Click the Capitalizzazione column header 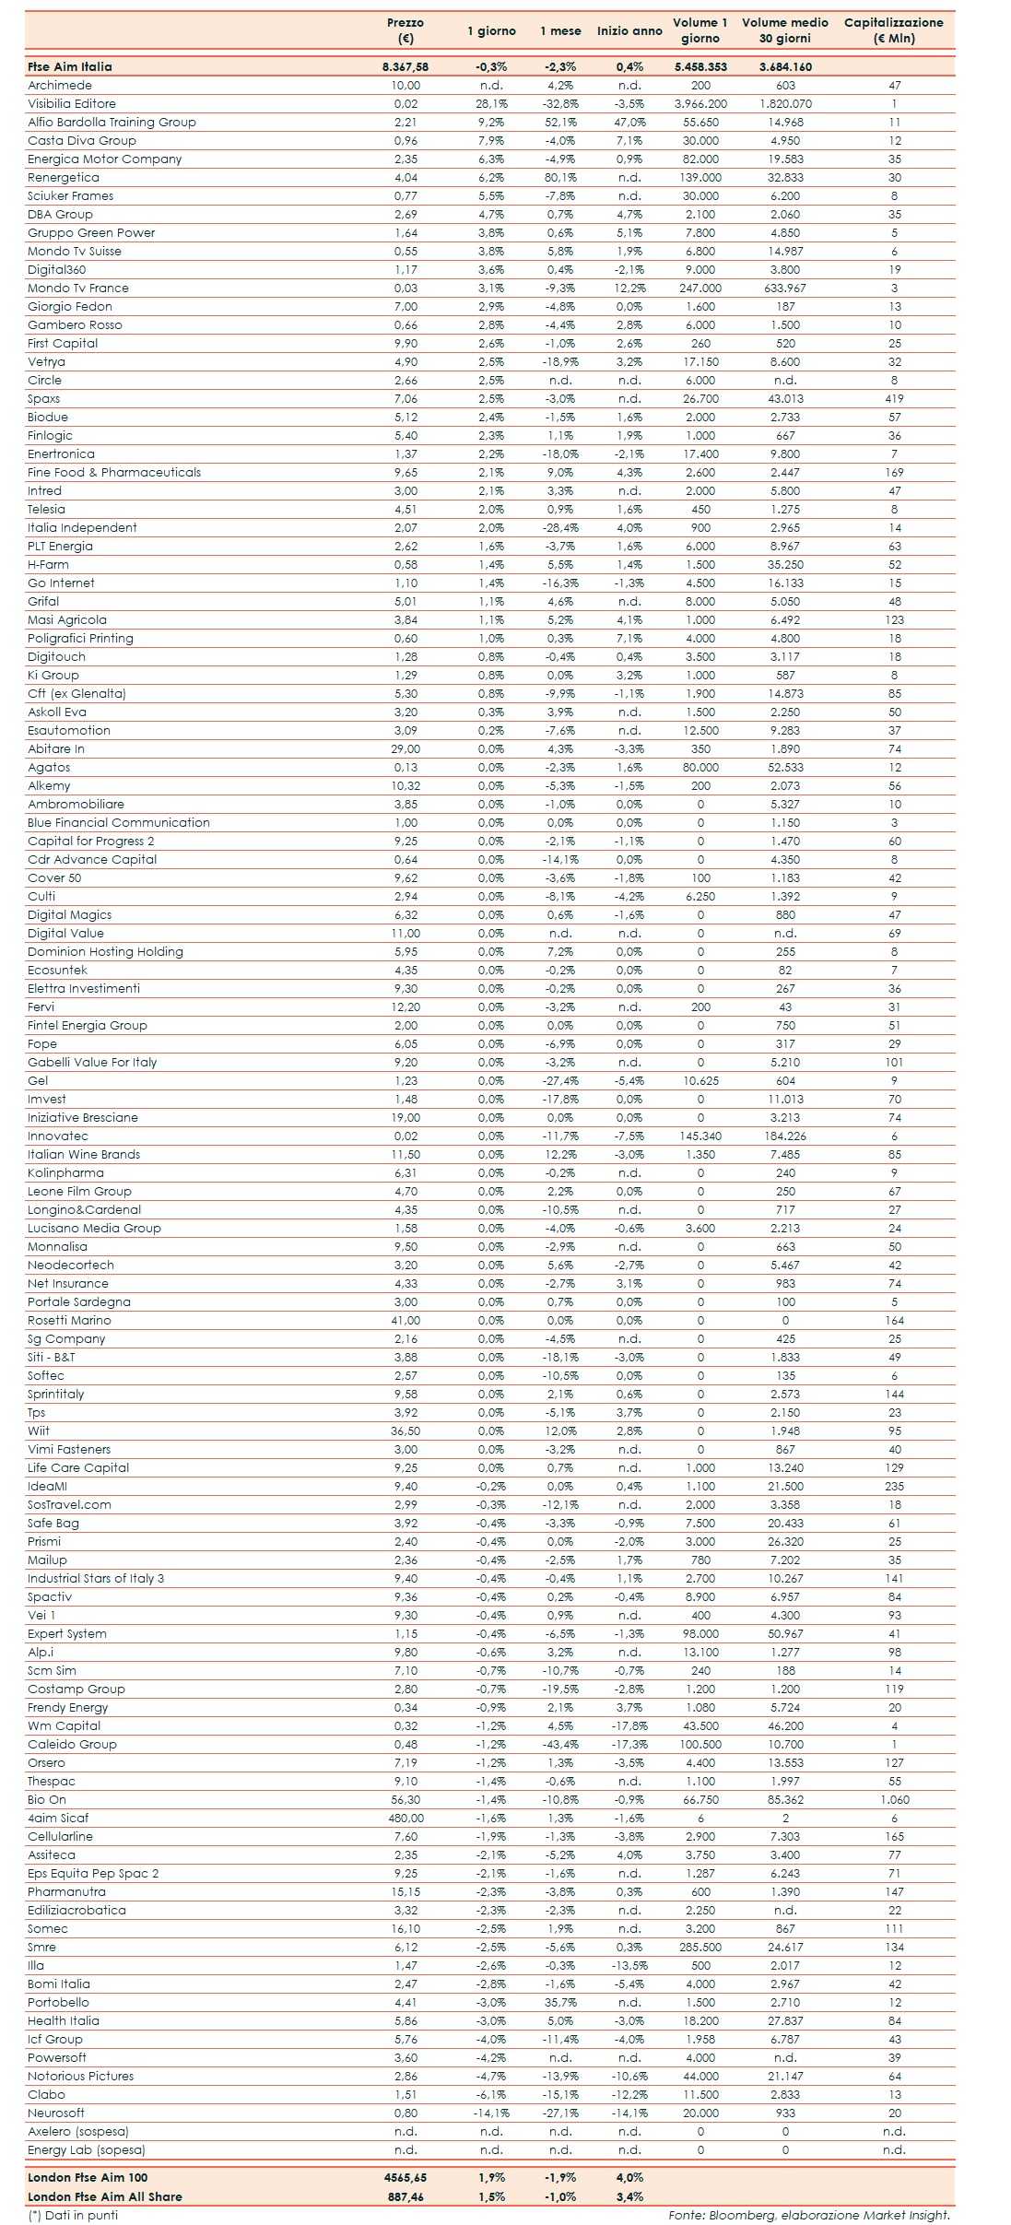coord(893,30)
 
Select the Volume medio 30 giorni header coord(784,30)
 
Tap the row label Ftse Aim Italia coord(70,66)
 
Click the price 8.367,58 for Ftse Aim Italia coord(405,66)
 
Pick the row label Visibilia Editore coord(72,103)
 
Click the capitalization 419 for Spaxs coord(894,398)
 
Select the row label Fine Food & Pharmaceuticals coord(114,472)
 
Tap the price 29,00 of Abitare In coord(406,748)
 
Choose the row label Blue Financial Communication coord(119,822)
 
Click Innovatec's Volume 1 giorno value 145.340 coord(699,1136)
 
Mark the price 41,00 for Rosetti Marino coord(406,1320)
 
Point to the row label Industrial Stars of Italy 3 coord(96,1578)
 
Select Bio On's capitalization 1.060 coord(894,1799)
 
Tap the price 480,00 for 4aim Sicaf coord(406,1818)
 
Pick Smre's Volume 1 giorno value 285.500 coord(699,1947)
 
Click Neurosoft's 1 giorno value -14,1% coord(491,2113)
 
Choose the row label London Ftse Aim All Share coord(104,2196)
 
